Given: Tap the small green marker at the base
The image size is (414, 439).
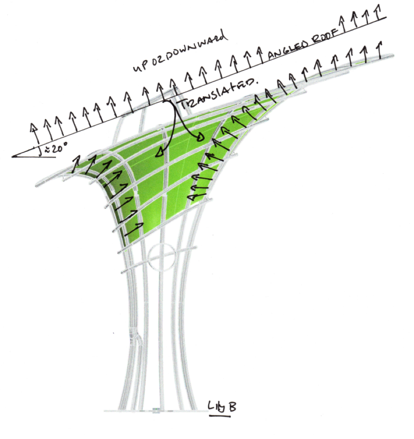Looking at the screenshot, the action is click(x=156, y=410).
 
